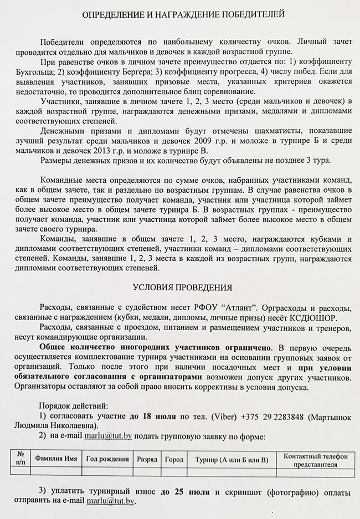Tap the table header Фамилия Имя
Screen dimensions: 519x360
[55, 459]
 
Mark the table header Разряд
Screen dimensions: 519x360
[147, 459]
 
